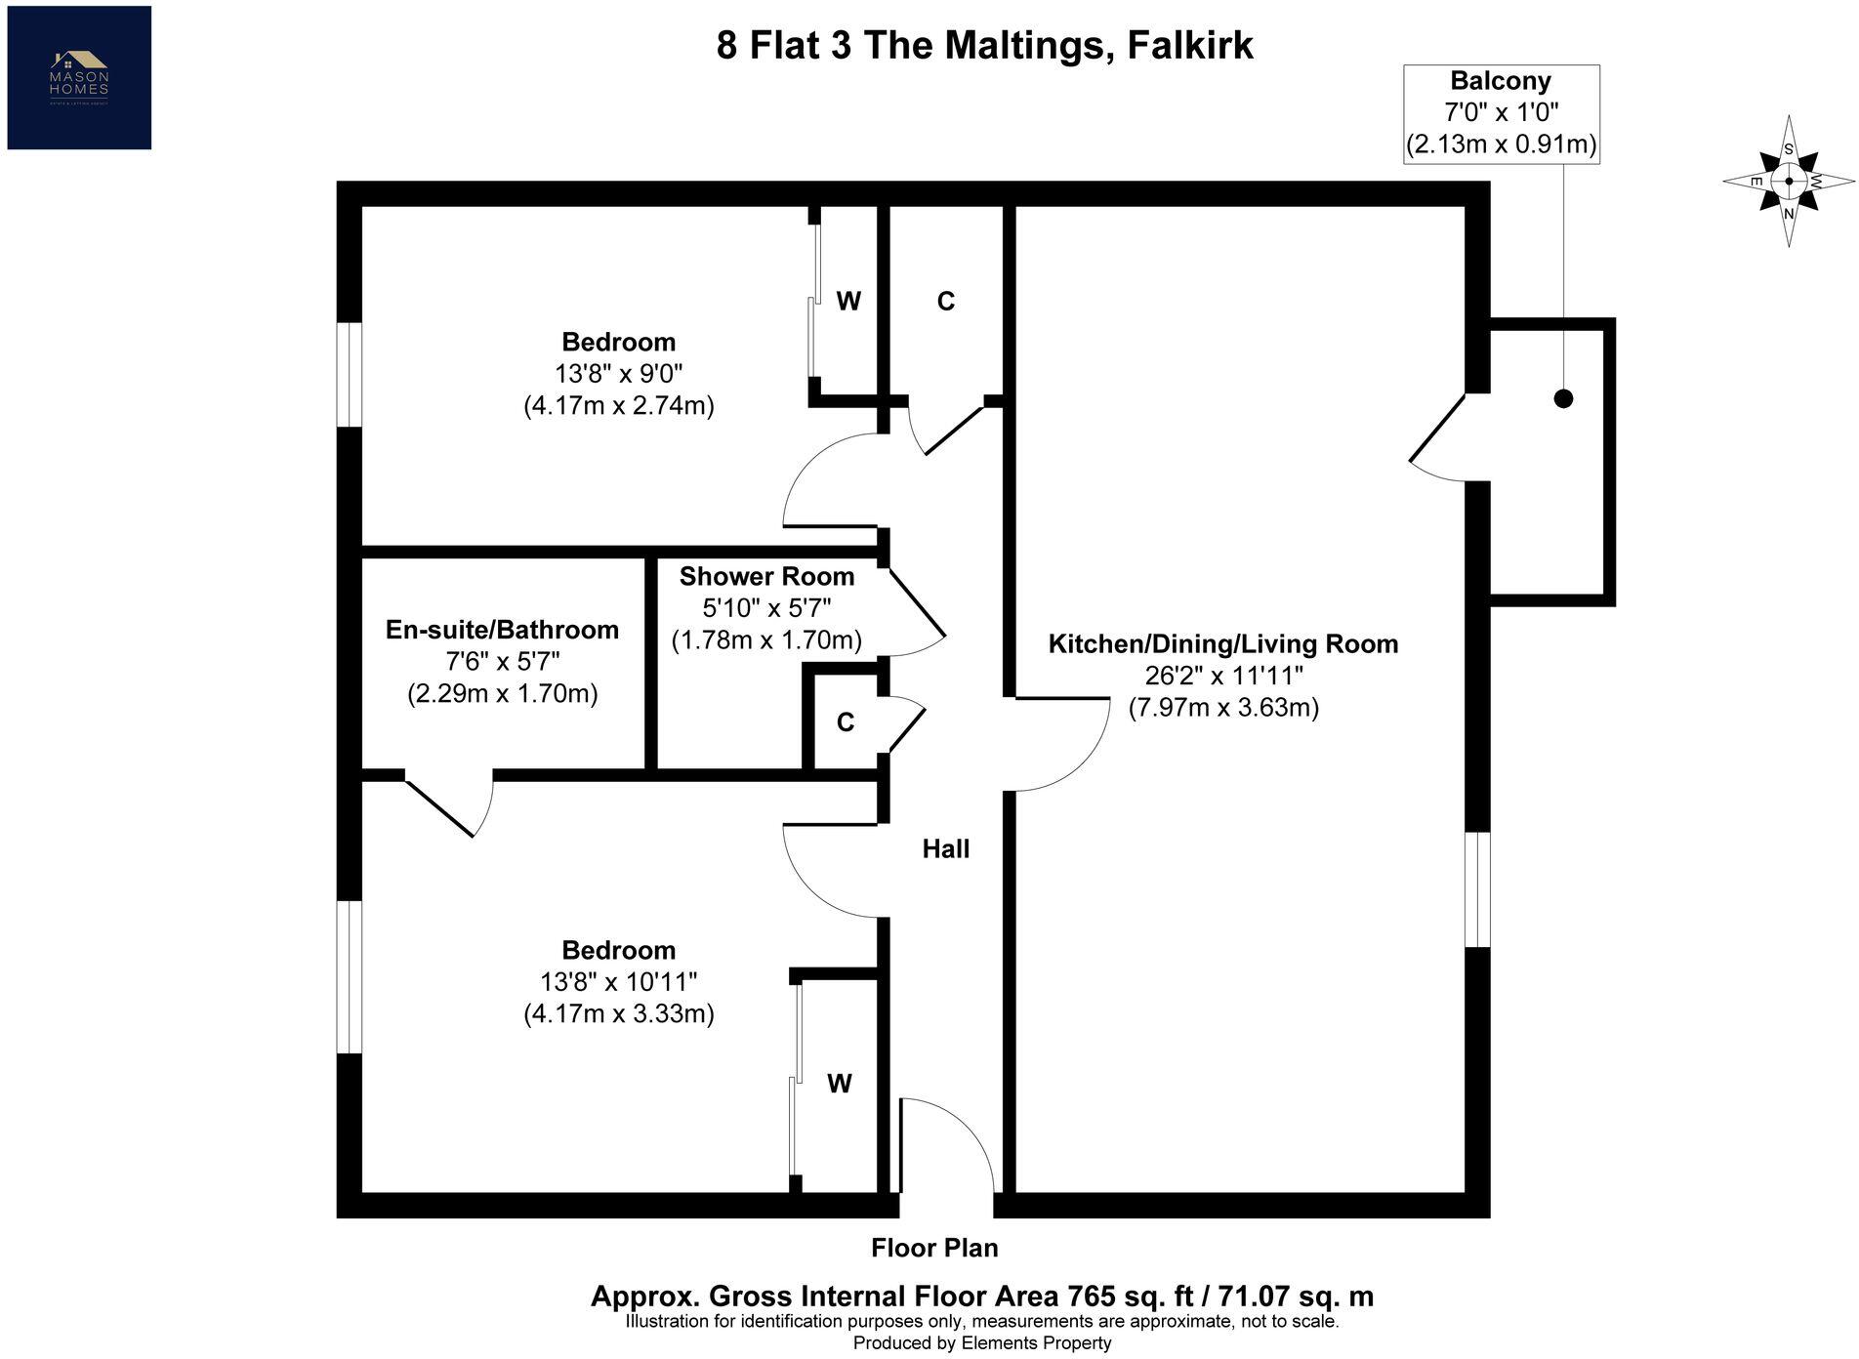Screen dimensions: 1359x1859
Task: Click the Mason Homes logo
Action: (x=79, y=77)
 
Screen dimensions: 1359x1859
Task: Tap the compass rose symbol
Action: (x=1788, y=181)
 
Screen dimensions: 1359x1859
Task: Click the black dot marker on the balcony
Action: (x=1563, y=398)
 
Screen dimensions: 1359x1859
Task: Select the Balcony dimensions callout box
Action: (x=1501, y=113)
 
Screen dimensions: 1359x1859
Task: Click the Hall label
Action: (x=945, y=849)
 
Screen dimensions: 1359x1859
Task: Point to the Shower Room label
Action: (x=766, y=577)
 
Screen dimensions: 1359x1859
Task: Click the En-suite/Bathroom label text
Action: (x=502, y=630)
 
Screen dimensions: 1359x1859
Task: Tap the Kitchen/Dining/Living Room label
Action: (x=1222, y=644)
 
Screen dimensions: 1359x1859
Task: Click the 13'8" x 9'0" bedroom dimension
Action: (x=618, y=373)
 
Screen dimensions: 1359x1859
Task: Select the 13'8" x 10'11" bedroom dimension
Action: (x=618, y=981)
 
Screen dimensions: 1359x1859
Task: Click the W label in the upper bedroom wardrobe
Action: (x=848, y=302)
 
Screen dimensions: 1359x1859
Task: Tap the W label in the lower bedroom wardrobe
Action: (x=839, y=1084)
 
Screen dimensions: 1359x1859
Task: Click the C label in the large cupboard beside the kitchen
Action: (x=945, y=302)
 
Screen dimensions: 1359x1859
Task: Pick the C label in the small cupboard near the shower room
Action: (x=846, y=722)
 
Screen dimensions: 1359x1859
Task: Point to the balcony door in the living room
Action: (x=1437, y=439)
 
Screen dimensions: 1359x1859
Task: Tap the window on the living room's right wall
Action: (x=1478, y=889)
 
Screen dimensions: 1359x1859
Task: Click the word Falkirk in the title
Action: (x=1189, y=46)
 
